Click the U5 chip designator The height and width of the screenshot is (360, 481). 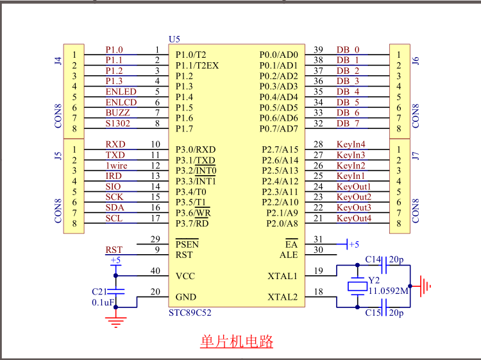pyautogui.click(x=174, y=39)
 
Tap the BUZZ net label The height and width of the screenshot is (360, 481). pyautogui.click(x=117, y=112)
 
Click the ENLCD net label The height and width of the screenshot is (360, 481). pyautogui.click(x=121, y=102)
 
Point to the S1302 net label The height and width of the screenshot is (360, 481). pyautogui.click(x=118, y=123)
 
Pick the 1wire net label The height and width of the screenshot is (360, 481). pyautogui.click(x=116, y=166)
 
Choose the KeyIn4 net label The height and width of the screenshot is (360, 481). pyautogui.click(x=351, y=144)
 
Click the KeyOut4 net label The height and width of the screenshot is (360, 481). pyautogui.click(x=353, y=218)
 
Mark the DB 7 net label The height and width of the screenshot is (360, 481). pyautogui.click(x=348, y=123)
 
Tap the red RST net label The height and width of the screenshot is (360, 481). pyautogui.click(x=114, y=250)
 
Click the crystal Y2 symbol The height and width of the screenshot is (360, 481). pyautogui.click(x=357, y=286)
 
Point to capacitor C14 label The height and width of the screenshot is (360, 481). pyautogui.click(x=373, y=259)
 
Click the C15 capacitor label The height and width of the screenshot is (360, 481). pyautogui.click(x=373, y=313)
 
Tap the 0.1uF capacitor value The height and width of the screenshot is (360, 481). pyautogui.click(x=103, y=302)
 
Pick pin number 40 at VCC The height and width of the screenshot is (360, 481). pyautogui.click(x=155, y=271)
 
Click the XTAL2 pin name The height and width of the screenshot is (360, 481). pyautogui.click(x=282, y=297)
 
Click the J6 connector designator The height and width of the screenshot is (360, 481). pyautogui.click(x=415, y=61)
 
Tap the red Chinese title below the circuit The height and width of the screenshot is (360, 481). pyautogui.click(x=237, y=341)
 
